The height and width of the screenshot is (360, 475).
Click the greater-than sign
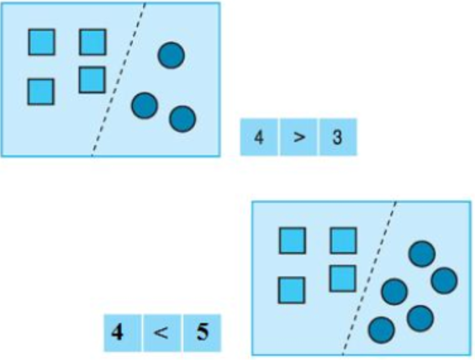299,138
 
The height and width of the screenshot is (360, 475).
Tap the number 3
337,137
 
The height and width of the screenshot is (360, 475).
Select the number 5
203,332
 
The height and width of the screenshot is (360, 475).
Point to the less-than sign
161,333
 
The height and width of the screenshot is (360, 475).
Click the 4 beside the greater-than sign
259,137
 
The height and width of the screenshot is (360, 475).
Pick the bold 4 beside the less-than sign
117,332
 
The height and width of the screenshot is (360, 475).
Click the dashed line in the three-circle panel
119,79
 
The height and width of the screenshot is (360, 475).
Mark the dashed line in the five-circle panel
369,278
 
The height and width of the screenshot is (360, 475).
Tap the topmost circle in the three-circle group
172,56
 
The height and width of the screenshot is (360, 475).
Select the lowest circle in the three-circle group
182,119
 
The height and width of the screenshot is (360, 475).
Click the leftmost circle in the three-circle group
145,105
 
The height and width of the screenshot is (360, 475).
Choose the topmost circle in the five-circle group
422,254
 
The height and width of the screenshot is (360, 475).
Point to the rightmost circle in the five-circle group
444,281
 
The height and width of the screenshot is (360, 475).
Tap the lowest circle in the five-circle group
382,330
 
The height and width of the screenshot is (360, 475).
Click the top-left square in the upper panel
42,42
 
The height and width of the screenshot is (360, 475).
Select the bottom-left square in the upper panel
41,92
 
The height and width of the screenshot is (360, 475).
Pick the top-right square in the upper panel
92,42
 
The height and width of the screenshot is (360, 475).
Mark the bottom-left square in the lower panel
292,290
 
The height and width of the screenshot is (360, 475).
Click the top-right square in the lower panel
343,241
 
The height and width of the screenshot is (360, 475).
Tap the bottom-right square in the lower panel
343,278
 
